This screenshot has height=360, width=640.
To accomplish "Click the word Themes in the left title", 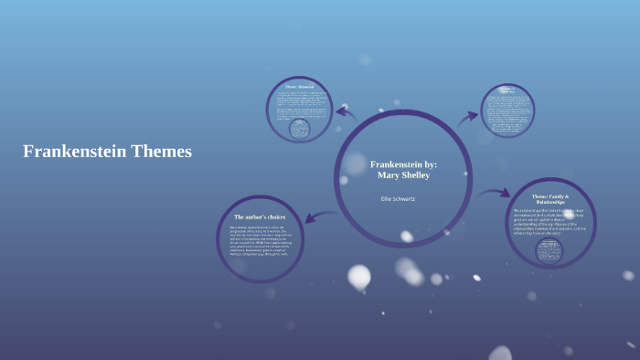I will pos(161,152).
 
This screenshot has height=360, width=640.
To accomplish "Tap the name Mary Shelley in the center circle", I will pos(403,175).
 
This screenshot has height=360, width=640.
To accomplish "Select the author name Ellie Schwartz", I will pos(398,198).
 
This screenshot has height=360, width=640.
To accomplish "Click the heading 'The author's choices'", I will pos(260,217).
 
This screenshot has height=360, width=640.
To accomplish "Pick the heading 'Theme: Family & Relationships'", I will pos(550,199).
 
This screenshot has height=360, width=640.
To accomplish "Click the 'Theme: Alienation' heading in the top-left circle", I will pos(300,87).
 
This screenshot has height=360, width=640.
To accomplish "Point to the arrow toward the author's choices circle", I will pos(319,217).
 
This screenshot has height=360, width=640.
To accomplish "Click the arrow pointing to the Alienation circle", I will pos(346,111).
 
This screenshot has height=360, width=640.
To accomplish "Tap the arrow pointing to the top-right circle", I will pos(468,116).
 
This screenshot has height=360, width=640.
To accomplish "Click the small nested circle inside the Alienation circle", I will pos(300,130).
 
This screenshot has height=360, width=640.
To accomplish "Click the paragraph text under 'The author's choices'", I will pos(258,239).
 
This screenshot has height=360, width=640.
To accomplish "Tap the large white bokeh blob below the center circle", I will pos(359,276).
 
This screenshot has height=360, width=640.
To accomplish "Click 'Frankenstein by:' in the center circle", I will pos(403,164).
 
